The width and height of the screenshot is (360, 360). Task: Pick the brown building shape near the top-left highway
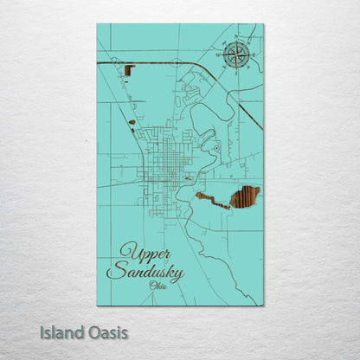click(130, 70)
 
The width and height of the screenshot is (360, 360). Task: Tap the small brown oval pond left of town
click(132, 122)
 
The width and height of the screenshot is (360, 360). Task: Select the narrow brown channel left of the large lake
click(212, 201)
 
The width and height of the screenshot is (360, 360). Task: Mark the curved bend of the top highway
click(200, 67)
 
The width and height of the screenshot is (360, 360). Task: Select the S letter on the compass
click(235, 74)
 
